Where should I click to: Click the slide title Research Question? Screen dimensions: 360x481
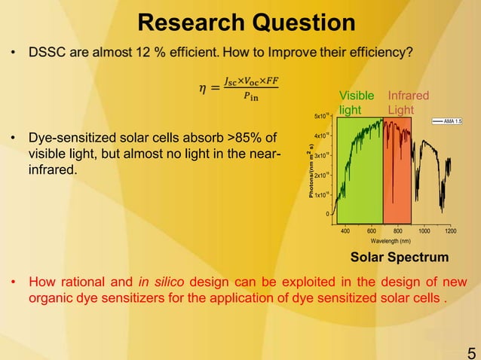coord(247,22)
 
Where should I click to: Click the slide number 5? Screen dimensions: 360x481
coord(471,352)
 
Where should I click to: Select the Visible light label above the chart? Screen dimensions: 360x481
coord(357,102)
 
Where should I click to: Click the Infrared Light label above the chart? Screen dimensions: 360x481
coord(408,102)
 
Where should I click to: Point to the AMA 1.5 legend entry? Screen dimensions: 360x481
coord(449,121)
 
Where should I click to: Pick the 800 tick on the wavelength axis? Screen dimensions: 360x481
coord(398,230)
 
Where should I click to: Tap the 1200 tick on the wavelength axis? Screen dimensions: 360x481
coord(451,230)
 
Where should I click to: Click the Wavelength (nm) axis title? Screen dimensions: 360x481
coord(395,241)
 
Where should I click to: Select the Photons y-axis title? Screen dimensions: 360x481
coord(311,169)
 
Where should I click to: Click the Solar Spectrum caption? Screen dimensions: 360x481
coord(400,258)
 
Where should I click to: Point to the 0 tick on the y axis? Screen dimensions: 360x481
coord(327,214)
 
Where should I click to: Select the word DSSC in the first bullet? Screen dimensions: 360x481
coord(47,52)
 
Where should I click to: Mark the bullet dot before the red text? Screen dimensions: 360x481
coord(13,283)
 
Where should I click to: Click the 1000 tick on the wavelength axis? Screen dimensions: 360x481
coord(424,230)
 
